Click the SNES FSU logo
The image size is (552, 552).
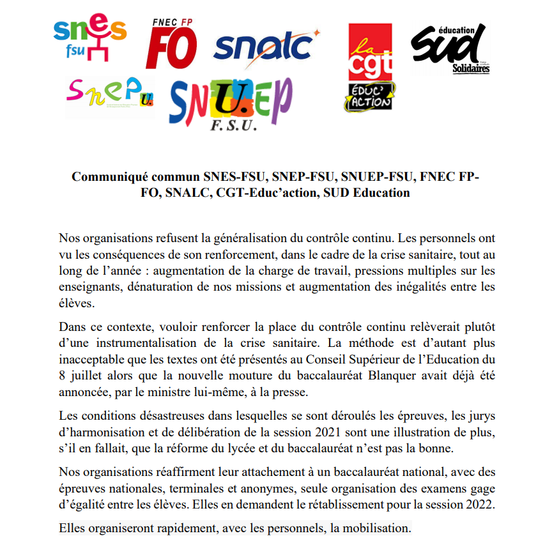[x=90, y=39]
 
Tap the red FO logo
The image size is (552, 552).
[x=171, y=48]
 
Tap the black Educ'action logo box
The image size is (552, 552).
[x=371, y=97]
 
